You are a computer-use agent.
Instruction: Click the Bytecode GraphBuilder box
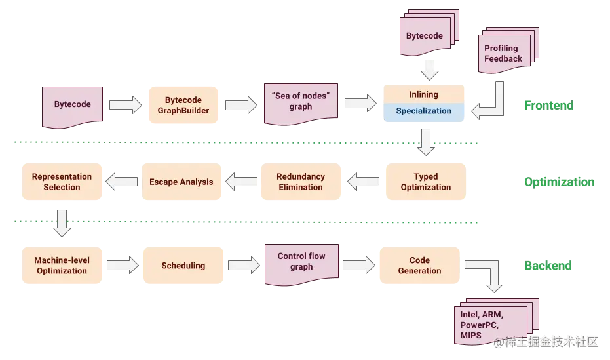(183, 105)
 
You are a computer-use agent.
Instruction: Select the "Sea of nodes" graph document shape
(301, 104)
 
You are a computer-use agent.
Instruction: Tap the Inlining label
(424, 94)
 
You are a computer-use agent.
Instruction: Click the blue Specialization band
(424, 112)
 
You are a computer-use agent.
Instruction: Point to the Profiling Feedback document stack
(508, 50)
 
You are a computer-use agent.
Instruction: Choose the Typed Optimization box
(426, 182)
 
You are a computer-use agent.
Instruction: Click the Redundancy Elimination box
(301, 182)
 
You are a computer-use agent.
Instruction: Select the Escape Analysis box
(181, 182)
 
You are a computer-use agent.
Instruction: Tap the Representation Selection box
(62, 182)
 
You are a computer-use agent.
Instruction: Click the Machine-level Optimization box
(62, 265)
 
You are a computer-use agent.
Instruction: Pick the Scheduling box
(183, 265)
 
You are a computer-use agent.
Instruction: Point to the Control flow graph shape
(301, 265)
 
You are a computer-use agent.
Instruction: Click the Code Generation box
(420, 265)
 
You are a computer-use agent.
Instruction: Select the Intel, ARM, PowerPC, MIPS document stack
(497, 321)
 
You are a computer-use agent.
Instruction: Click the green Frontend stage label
(548, 105)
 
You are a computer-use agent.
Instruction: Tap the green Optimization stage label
(559, 182)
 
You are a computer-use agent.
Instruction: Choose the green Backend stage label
(548, 266)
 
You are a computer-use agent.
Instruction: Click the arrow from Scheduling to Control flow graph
(244, 265)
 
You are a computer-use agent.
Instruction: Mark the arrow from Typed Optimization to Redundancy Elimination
(364, 182)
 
